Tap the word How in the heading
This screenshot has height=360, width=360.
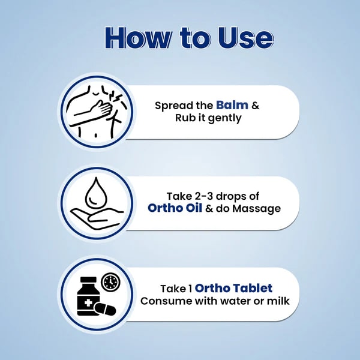point(138,38)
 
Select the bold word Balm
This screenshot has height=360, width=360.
point(232,105)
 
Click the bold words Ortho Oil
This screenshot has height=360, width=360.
point(175,208)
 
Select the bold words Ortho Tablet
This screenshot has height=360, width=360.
point(233,288)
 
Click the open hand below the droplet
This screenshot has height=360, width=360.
point(97,218)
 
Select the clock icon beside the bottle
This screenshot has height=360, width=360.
point(110,281)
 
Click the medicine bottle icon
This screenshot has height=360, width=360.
point(88,296)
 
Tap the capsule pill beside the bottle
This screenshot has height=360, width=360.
point(106,309)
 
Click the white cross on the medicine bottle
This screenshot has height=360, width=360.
point(88,303)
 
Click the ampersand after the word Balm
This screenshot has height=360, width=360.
point(256,106)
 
